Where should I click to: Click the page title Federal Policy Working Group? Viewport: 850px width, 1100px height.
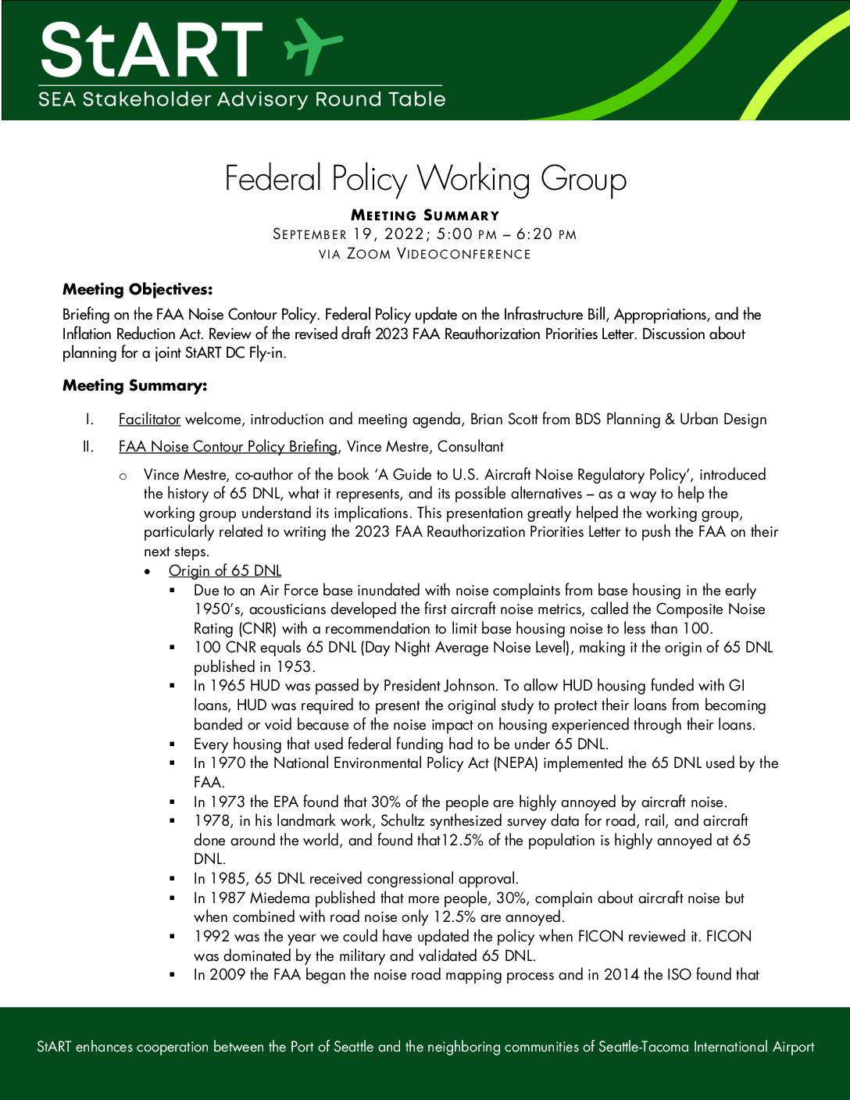click(x=425, y=178)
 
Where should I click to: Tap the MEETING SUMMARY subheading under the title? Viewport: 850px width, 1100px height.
click(x=425, y=216)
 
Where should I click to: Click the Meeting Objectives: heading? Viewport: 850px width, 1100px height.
click(x=137, y=290)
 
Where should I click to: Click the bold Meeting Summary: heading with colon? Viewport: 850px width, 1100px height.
click(x=135, y=386)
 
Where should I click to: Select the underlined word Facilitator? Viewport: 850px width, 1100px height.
click(x=149, y=420)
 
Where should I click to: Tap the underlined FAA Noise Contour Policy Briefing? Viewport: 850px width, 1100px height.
click(x=228, y=447)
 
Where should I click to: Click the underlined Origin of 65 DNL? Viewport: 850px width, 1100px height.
click(x=225, y=571)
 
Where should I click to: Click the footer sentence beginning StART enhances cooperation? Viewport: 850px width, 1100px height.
click(x=425, y=1047)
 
